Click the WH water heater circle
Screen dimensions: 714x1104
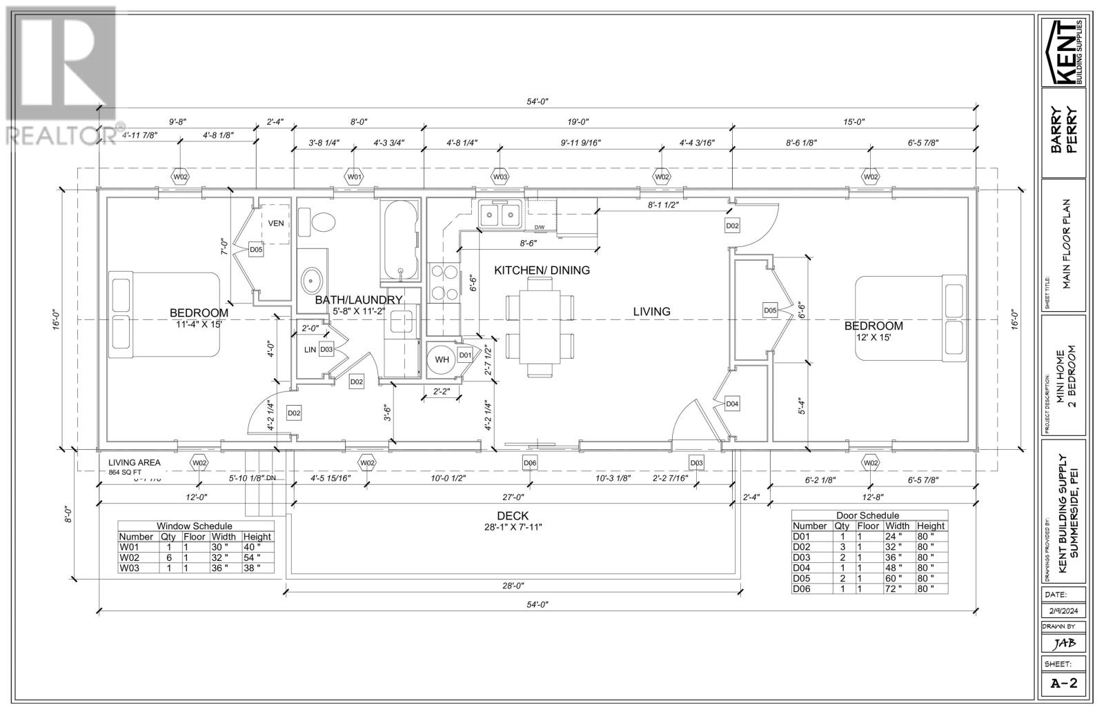click(x=442, y=359)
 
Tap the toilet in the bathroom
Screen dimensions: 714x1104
click(x=322, y=222)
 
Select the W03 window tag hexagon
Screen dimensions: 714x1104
click(x=500, y=177)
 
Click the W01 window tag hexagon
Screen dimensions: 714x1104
click(x=354, y=177)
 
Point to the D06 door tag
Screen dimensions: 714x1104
click(x=530, y=462)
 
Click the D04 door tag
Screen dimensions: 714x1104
click(x=733, y=404)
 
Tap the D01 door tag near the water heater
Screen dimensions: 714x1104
click(x=465, y=355)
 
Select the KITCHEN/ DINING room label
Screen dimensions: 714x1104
click(x=542, y=270)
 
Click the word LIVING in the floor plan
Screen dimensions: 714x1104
click(x=651, y=312)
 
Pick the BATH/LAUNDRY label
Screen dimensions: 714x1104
click(x=358, y=300)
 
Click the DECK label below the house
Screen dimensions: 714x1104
click(x=513, y=516)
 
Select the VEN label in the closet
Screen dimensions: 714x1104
click(x=276, y=223)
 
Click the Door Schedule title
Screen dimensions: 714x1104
click(x=867, y=515)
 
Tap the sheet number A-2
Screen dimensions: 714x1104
click(x=1063, y=684)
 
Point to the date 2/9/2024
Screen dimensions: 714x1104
click(x=1063, y=611)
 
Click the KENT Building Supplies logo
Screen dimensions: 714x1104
click(x=1063, y=52)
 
